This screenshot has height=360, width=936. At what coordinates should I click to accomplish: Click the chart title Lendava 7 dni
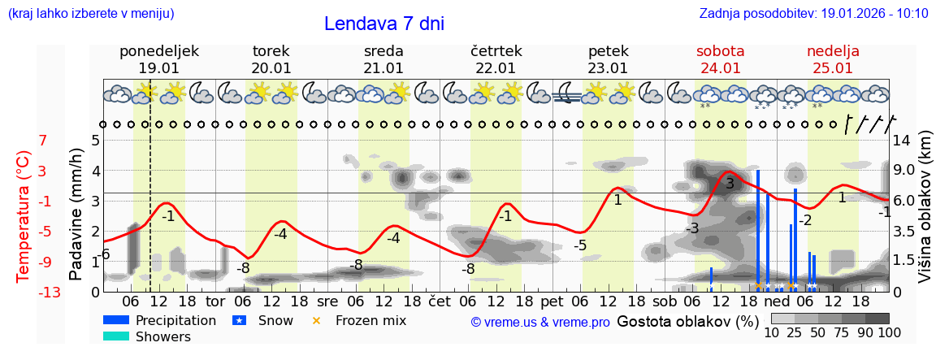(383, 24)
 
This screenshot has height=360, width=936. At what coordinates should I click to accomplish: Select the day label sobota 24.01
(721, 59)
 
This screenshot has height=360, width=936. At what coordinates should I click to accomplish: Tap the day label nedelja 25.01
(833, 59)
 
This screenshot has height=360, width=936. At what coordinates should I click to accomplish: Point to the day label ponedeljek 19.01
(158, 59)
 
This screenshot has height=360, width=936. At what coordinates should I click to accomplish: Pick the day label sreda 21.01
(383, 59)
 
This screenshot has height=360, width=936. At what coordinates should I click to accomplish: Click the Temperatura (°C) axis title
(24, 215)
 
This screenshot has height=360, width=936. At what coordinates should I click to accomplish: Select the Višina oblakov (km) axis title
(925, 213)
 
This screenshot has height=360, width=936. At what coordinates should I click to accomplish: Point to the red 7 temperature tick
(42, 141)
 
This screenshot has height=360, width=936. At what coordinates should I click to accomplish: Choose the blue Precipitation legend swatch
(116, 320)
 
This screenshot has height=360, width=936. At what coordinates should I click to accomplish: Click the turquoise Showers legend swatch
(116, 336)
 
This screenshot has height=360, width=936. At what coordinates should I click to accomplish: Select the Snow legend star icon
(239, 320)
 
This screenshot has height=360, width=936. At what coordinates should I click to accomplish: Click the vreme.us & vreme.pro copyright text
(540, 322)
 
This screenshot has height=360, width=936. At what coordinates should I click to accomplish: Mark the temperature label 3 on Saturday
(730, 184)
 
